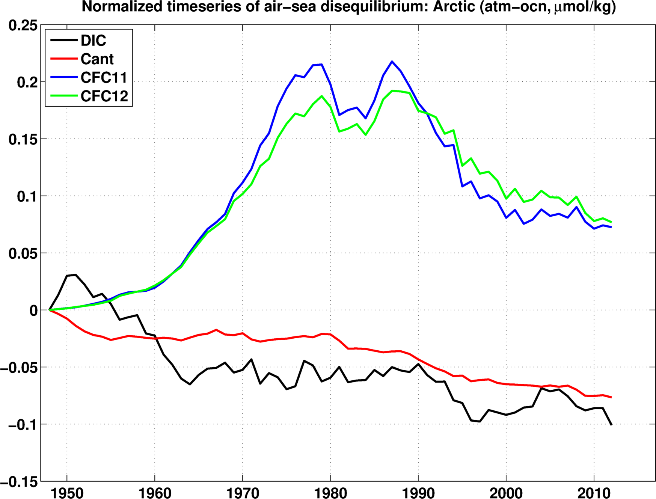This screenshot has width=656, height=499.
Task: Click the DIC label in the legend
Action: pyautogui.click(x=93, y=41)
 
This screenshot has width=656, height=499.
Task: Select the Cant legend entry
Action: pyautogui.click(x=97, y=59)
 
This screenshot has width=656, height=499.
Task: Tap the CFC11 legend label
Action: pyautogui.click(x=104, y=77)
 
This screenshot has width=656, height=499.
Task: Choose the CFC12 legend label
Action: pyautogui.click(x=104, y=96)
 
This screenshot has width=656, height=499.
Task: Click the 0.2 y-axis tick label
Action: pyautogui.click(x=27, y=82)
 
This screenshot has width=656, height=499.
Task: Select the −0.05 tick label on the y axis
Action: pyautogui.click(x=19, y=368)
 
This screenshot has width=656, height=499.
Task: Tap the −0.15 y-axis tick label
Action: pyautogui.click(x=19, y=482)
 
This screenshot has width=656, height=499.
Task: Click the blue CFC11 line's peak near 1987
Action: pyautogui.click(x=392, y=62)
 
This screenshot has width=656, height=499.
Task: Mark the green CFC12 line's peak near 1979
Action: pyautogui.click(x=322, y=96)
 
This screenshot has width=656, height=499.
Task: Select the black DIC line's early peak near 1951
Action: pyautogui.click(x=75, y=275)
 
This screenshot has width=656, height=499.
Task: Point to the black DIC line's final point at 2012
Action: pyautogui.click(x=611, y=425)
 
